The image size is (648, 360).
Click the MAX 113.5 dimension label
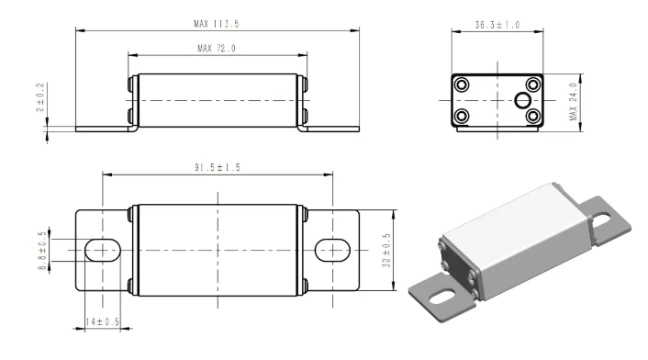217,24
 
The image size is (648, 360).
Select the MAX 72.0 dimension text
217,49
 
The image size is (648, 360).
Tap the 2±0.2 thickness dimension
40,97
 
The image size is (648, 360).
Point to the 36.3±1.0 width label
497,25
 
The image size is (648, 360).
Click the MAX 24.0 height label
573,102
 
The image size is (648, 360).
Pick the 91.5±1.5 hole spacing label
218,167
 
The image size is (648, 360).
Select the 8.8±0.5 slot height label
42,251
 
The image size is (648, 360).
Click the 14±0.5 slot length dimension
103,321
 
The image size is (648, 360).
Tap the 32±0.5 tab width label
386,251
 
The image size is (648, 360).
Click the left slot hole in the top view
103,250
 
